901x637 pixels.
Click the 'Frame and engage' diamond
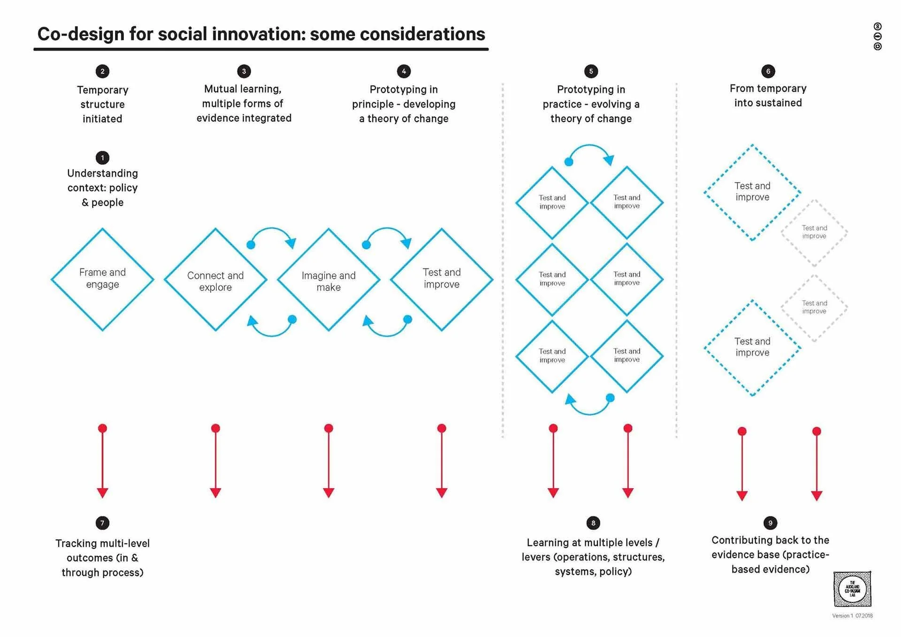pyautogui.click(x=102, y=279)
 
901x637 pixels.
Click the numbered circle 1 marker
pyautogui.click(x=102, y=158)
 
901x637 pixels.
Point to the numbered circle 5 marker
pyautogui.click(x=591, y=71)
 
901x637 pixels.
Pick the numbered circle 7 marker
pyautogui.click(x=102, y=523)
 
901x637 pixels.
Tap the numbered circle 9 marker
pyautogui.click(x=770, y=523)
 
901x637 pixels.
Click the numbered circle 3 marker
pyautogui.click(x=244, y=71)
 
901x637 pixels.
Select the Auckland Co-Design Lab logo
pyautogui.click(x=852, y=589)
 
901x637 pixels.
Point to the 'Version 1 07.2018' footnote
pyautogui.click(x=852, y=616)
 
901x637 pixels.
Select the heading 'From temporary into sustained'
pyautogui.click(x=768, y=96)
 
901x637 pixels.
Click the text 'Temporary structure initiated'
pyautogui.click(x=102, y=104)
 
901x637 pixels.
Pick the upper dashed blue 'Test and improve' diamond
pyautogui.click(x=752, y=192)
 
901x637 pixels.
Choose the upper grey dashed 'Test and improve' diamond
pyautogui.click(x=814, y=232)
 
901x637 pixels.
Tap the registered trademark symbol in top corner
pyautogui.click(x=878, y=26)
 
